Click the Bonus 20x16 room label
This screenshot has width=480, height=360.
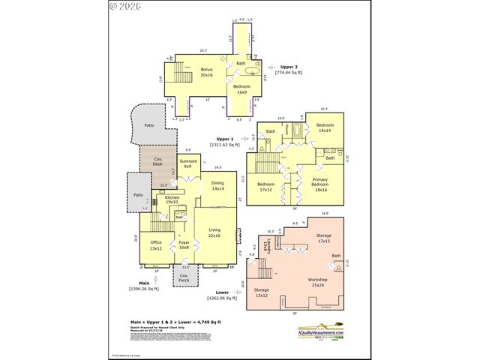click(207, 73)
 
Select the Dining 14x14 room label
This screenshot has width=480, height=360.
click(217, 186)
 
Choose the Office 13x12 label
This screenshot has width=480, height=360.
click(156, 245)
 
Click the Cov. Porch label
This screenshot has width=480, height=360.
click(183, 277)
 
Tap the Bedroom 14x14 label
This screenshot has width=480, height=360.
click(325, 129)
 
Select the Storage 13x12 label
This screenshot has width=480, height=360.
click(261, 292)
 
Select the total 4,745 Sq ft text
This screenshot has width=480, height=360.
click(175, 320)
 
